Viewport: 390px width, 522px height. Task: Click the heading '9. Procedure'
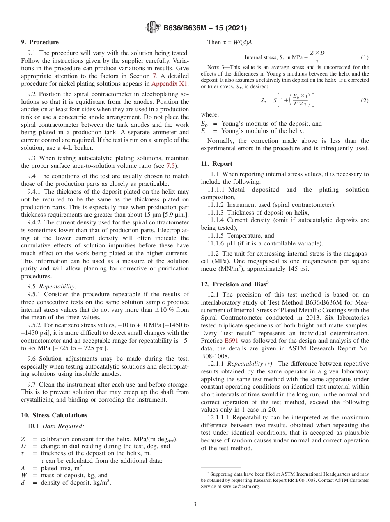[x=40, y=42]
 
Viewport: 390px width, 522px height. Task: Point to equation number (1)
[x=364, y=57]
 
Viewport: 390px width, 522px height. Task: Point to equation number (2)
[x=364, y=101]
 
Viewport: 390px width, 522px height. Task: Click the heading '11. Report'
[x=216, y=164]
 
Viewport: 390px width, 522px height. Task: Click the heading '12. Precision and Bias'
[x=234, y=284]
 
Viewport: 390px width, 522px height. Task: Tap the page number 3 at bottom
[x=195, y=504]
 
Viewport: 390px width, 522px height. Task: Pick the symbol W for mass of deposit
[x=24, y=475]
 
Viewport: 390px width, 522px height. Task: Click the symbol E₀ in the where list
[x=204, y=124]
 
